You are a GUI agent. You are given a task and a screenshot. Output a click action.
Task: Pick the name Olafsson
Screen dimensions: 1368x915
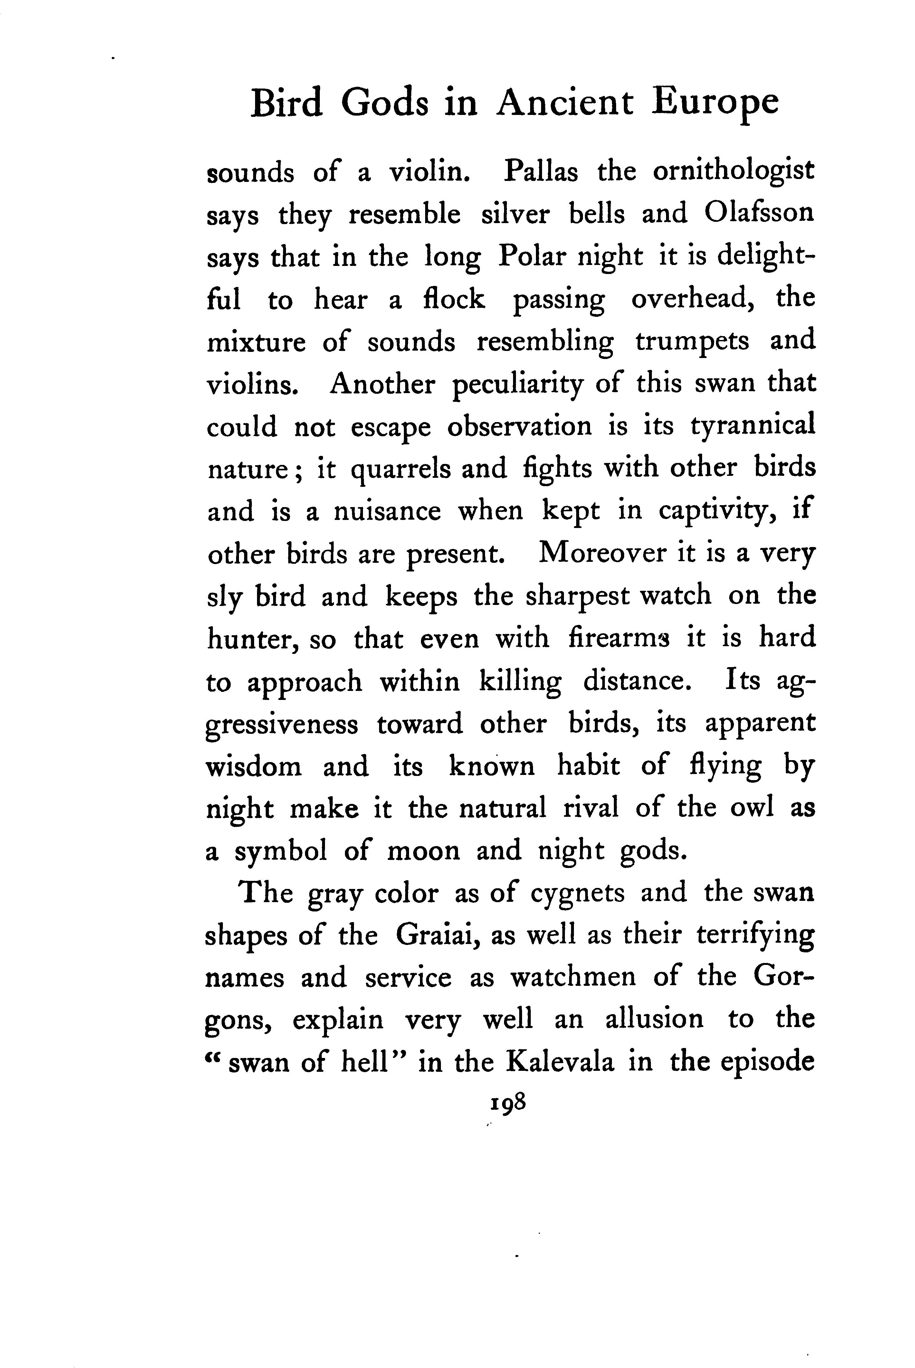tap(758, 213)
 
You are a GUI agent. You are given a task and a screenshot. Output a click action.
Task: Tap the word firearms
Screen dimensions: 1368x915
tap(619, 637)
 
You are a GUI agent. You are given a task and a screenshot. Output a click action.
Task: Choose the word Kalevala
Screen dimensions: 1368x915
tap(560, 1063)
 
